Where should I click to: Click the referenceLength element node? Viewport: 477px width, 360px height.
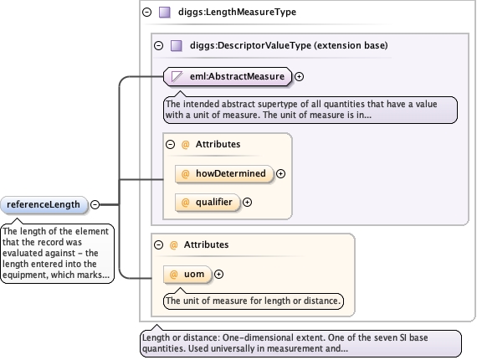click(44, 205)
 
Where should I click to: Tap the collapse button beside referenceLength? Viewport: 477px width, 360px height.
click(95, 205)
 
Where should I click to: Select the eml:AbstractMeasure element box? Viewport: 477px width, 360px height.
click(228, 77)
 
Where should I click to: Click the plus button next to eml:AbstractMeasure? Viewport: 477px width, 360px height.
click(300, 77)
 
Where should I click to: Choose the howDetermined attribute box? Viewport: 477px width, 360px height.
click(224, 174)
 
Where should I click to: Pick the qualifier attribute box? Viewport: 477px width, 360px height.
click(208, 203)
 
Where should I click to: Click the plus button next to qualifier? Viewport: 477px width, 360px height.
click(248, 203)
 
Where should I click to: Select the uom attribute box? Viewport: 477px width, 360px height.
click(187, 275)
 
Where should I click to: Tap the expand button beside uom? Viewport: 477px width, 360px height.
click(218, 275)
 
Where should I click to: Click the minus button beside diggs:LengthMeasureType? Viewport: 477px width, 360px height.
click(147, 13)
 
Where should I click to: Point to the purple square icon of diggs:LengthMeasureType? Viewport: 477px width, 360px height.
click(165, 13)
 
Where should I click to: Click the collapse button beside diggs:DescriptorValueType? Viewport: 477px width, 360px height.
click(158, 46)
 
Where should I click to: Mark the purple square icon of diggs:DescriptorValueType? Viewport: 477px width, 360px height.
click(177, 46)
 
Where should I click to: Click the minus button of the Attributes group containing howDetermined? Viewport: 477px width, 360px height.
click(171, 144)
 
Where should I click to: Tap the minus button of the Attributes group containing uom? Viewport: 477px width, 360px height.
click(158, 245)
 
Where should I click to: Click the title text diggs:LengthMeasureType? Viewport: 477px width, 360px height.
click(237, 13)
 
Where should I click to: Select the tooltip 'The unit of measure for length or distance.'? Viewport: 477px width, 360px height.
click(254, 301)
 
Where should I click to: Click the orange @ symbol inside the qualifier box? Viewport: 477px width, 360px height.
click(185, 203)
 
